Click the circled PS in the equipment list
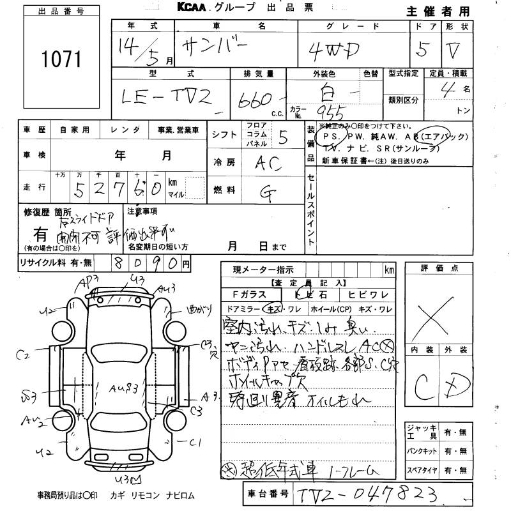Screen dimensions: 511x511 tap(332, 137)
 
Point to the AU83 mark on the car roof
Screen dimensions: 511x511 tap(123, 388)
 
